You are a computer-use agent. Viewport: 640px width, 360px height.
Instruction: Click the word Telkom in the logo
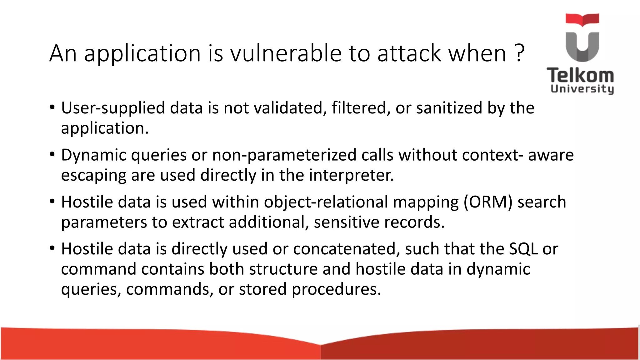coord(580,76)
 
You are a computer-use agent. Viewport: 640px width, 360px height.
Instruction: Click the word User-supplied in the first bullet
coord(113,108)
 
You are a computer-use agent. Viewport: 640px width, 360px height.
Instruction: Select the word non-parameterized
coord(284,155)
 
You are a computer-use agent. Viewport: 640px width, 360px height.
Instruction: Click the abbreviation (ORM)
coord(488,202)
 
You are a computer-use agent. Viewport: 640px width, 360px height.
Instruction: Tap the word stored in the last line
coord(263,289)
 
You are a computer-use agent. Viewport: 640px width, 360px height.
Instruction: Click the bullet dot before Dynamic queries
coord(52,154)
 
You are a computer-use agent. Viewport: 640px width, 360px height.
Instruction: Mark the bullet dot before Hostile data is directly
coord(52,248)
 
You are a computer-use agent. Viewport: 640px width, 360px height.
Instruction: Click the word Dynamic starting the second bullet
coord(93,155)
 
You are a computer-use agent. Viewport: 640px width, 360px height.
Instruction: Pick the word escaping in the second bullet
coord(93,176)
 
